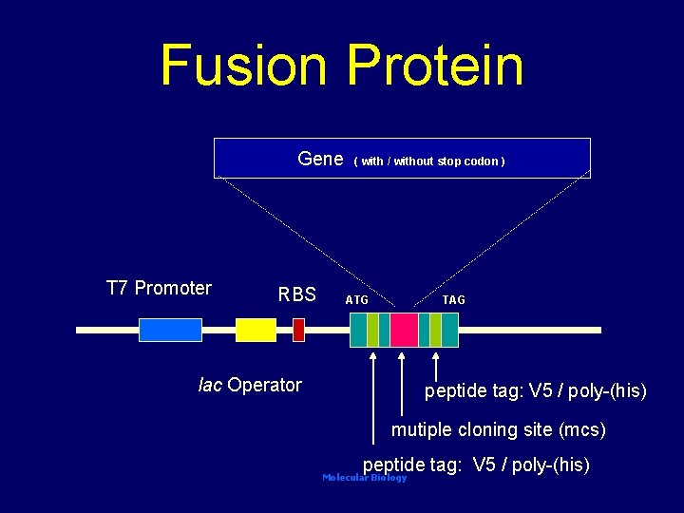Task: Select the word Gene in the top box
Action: pos(320,160)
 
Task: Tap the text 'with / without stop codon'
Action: pos(429,161)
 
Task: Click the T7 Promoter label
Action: pos(159,288)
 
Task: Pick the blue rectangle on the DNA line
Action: pos(170,330)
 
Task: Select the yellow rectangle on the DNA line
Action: pos(256,330)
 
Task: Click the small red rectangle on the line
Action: pos(298,330)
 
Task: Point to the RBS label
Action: pos(296,294)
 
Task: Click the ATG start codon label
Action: pos(357,300)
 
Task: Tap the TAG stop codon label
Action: pos(454,300)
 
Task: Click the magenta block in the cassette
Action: pos(404,330)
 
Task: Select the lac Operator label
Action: pos(250,385)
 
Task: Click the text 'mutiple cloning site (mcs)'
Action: pos(498,430)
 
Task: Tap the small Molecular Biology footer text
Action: pos(364,478)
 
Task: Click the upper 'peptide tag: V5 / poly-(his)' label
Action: pos(535,390)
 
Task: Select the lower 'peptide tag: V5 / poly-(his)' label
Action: pos(477,465)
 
